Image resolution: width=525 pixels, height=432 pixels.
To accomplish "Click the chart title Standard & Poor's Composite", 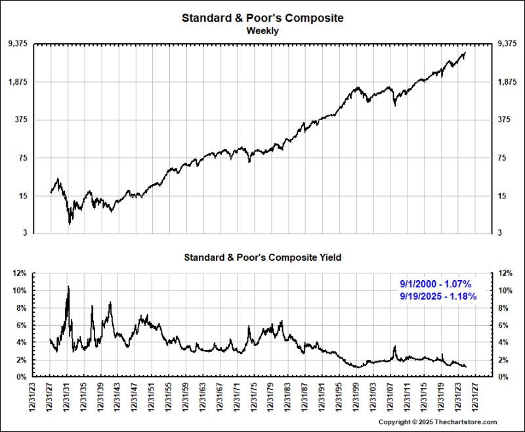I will [x=262, y=18].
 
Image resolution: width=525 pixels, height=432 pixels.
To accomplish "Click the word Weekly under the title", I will [x=262, y=30].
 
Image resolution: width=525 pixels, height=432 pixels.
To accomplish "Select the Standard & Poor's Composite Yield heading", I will [x=262, y=258].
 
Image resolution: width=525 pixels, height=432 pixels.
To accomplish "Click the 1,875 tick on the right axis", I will [x=507, y=82].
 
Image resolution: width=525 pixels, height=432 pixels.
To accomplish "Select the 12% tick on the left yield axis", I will [x=20, y=273].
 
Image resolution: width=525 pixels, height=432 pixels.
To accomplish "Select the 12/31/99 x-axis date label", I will [x=354, y=398].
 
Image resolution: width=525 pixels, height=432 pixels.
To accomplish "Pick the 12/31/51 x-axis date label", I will [x=152, y=398].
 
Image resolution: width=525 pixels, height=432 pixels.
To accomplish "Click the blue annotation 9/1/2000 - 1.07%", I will [x=436, y=284].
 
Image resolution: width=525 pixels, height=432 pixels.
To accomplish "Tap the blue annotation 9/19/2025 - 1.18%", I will [x=438, y=296].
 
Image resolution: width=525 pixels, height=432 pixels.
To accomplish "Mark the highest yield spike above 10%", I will [x=68, y=286].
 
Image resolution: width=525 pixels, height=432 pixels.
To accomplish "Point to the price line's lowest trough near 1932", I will [x=70, y=224].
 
